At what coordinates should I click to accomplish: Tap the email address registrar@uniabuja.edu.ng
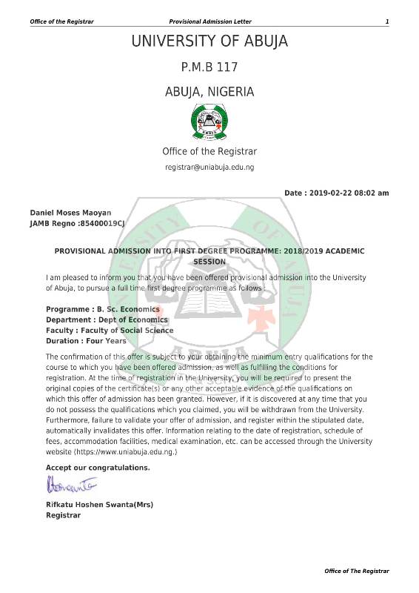click(209, 168)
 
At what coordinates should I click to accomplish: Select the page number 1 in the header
click(386, 21)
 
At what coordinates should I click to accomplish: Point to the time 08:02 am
click(375, 193)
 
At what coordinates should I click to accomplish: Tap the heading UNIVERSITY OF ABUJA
click(209, 42)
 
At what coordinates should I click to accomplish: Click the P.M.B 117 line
click(209, 67)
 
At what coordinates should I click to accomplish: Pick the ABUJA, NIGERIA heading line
click(209, 93)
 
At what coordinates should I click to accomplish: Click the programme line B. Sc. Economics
click(93, 308)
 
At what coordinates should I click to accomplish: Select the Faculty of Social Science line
click(110, 331)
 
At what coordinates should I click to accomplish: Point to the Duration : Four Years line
click(86, 341)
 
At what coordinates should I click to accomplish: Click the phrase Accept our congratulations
click(98, 468)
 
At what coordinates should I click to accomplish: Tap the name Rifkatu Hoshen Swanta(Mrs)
click(99, 505)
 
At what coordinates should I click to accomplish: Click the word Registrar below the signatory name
click(63, 515)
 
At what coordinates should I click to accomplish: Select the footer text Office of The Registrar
click(357, 571)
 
